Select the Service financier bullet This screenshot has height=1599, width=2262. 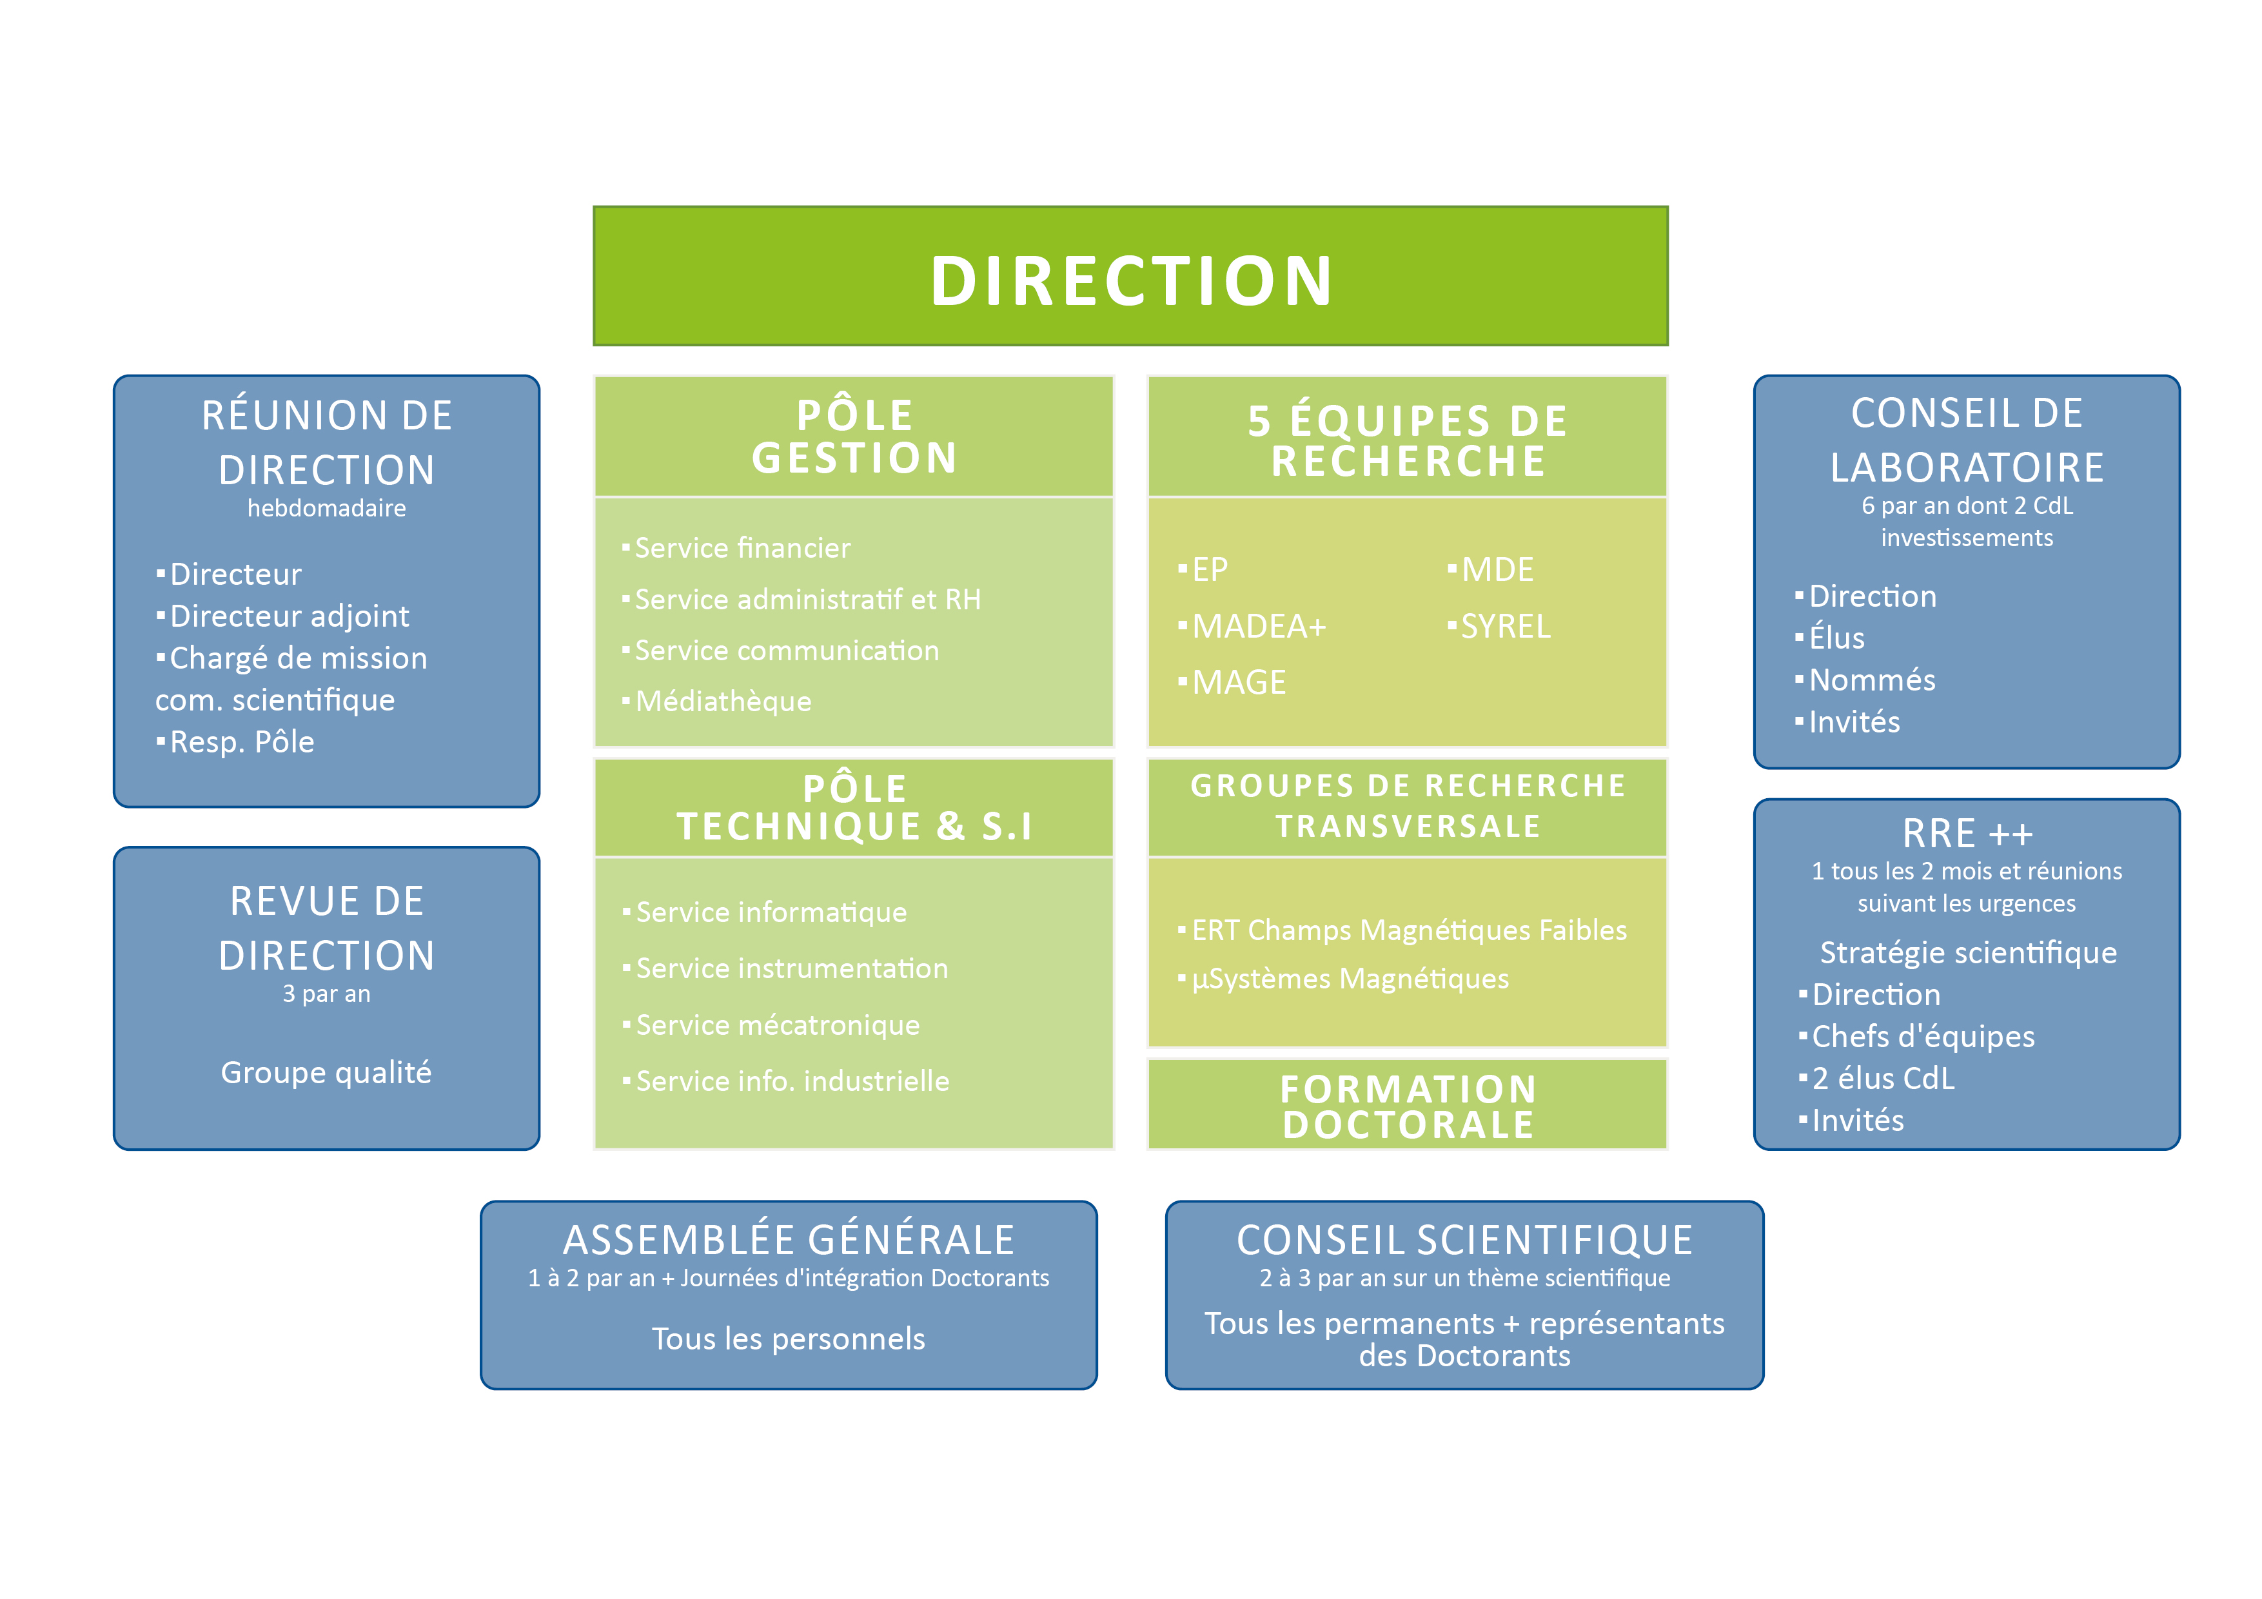pyautogui.click(x=741, y=548)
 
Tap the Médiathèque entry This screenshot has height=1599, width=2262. pyautogui.click(x=722, y=701)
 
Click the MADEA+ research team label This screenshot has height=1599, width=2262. pyautogui.click(x=1258, y=627)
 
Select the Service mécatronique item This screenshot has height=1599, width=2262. pyautogui.click(x=776, y=1026)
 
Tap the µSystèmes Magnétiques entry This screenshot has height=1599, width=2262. pyautogui.click(x=1349, y=979)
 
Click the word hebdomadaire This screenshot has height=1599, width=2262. pyautogui.click(x=326, y=508)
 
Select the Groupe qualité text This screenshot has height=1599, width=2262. pyautogui.click(x=326, y=1072)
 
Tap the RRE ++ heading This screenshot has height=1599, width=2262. pyautogui.click(x=1967, y=834)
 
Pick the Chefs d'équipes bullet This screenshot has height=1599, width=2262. pyautogui.click(x=1922, y=1036)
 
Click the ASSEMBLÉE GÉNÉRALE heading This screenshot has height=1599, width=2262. pyautogui.click(x=788, y=1241)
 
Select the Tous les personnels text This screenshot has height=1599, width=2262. pyautogui.click(x=788, y=1339)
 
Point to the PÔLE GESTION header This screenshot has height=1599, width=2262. pyautogui.click(x=854, y=437)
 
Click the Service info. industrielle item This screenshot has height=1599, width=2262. pyautogui.click(x=791, y=1082)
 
